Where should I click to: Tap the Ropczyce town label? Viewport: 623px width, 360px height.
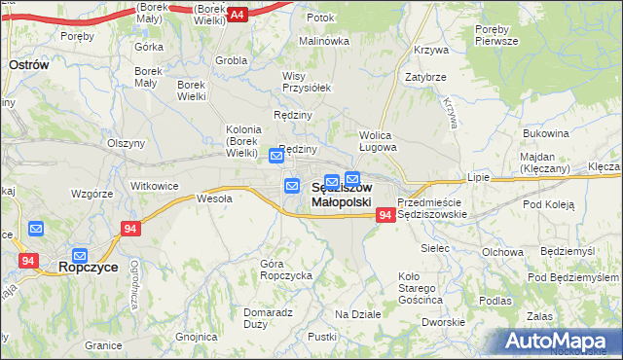point(89,266)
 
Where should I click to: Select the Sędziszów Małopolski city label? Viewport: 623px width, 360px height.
point(341,195)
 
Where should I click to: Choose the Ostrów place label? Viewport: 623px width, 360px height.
point(29,63)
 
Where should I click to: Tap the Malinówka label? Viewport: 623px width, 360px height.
point(323,42)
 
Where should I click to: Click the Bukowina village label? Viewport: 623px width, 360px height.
point(545,132)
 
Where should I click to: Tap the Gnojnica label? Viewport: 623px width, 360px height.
point(197,337)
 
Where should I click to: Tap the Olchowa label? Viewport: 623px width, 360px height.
point(502,251)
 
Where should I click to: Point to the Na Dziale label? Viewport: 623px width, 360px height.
point(357,314)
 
